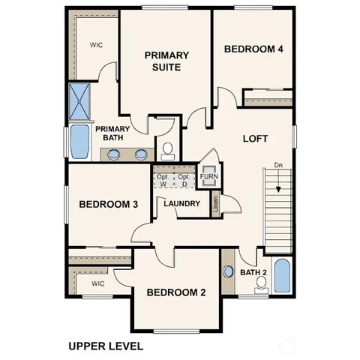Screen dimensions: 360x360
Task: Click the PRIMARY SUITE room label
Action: [x=166, y=61]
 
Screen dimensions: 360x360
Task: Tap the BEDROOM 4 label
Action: [x=253, y=49]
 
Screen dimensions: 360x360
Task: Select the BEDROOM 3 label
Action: [x=108, y=204]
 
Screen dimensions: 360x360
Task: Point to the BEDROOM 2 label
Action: [x=175, y=292]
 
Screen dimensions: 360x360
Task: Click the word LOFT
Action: [x=254, y=139]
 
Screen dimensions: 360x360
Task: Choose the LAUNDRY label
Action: [x=181, y=204]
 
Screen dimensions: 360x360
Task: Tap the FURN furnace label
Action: [x=208, y=178]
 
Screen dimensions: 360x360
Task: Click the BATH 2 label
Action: [x=253, y=272]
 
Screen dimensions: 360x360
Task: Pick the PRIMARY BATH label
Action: [x=113, y=133]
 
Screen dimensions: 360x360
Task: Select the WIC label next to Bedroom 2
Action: [x=97, y=284]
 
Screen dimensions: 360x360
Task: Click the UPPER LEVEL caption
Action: [x=105, y=346]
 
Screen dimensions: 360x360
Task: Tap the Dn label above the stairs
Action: [x=277, y=164]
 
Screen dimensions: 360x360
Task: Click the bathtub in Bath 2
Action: [x=280, y=275]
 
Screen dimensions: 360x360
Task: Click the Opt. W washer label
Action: [x=163, y=180]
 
